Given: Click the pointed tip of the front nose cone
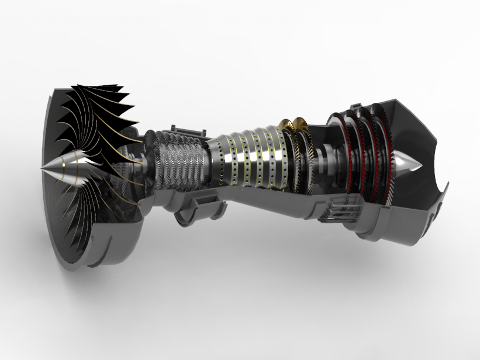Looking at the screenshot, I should click(42, 169).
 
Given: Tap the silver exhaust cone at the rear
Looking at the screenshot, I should click(405, 162).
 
